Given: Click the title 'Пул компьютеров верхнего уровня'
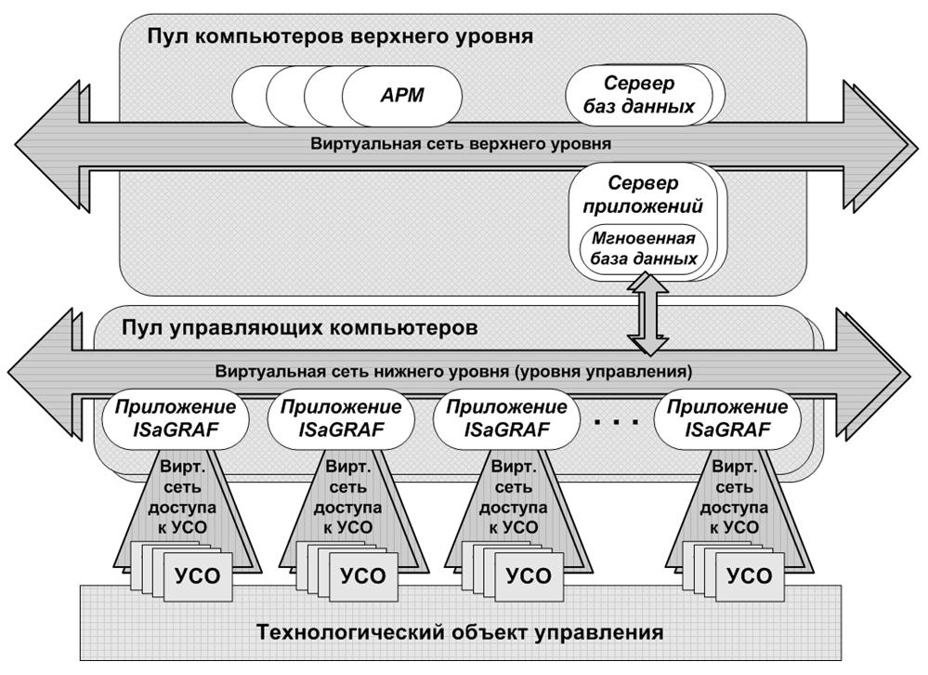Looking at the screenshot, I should pos(339,37).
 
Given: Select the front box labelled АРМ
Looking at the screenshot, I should pos(402,95).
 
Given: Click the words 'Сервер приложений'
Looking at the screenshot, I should pos(643,194).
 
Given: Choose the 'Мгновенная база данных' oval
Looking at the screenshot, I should pos(640,247).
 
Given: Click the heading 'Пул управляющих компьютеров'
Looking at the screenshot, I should pos(299,328).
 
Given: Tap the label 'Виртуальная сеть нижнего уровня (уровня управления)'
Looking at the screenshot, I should pos(453,371).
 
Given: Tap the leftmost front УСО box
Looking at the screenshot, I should pos(198,576).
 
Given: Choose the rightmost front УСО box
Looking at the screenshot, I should pos(749,576).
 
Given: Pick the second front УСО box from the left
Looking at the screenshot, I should pos(362,576).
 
